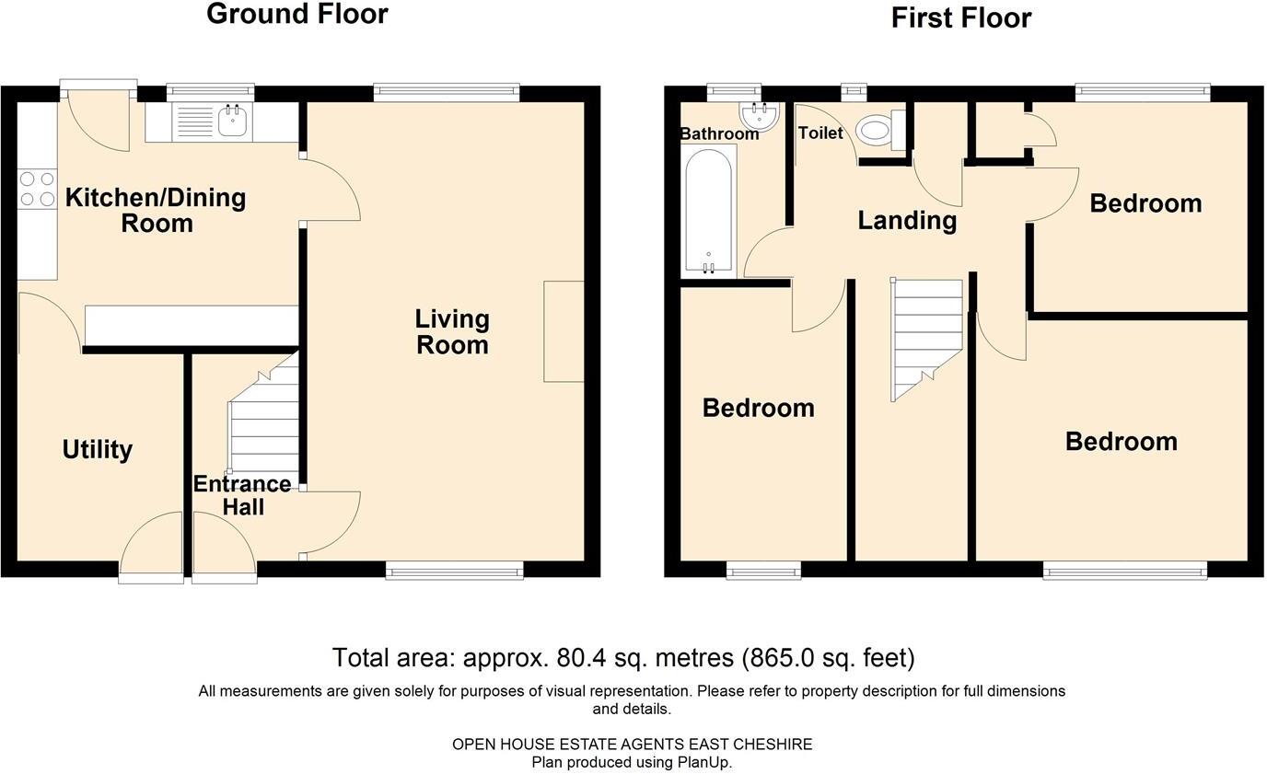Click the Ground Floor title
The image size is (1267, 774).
coord(296,15)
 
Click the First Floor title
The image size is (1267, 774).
coord(960,17)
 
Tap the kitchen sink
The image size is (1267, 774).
coord(232,121)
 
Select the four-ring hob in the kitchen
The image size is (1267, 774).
coord(37,189)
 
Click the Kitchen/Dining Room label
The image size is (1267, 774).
coord(156,210)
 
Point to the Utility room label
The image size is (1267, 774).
coord(98,449)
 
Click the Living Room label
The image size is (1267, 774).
coord(451,331)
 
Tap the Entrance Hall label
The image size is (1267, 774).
coord(242,495)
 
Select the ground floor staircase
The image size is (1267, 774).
coord(265,419)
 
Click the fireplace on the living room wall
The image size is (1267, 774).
coord(564,331)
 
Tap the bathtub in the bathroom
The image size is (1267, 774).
coord(708,212)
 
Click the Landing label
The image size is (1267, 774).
coord(907,220)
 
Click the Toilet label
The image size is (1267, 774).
coord(819,133)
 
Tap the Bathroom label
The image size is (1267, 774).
coord(719,134)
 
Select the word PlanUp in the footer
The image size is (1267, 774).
coord(703,762)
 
